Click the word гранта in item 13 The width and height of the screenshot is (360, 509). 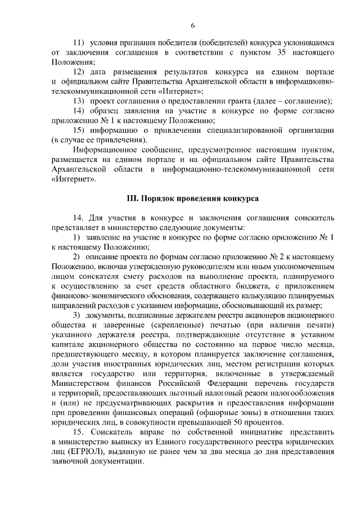(222, 100)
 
